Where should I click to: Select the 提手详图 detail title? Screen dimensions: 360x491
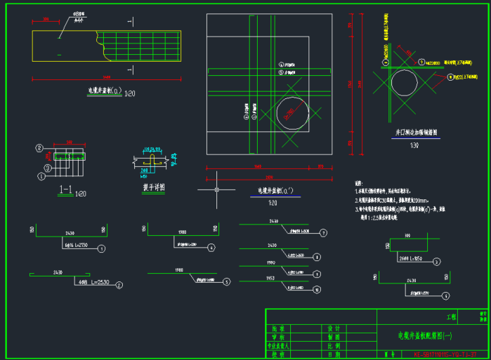[153, 188]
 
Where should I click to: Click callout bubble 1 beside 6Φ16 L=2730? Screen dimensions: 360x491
[102, 248]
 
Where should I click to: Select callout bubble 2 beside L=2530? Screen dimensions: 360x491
[119, 285]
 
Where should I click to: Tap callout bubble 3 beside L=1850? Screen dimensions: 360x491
[438, 261]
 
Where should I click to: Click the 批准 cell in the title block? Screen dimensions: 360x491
[278, 328]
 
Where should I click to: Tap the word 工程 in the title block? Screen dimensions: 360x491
[451, 317]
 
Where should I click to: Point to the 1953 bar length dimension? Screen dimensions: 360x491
[271, 279]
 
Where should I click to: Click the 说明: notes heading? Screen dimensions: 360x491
[360, 182]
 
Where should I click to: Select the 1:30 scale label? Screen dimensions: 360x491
[414, 145]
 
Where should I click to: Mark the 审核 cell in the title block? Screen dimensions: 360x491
[278, 337]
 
